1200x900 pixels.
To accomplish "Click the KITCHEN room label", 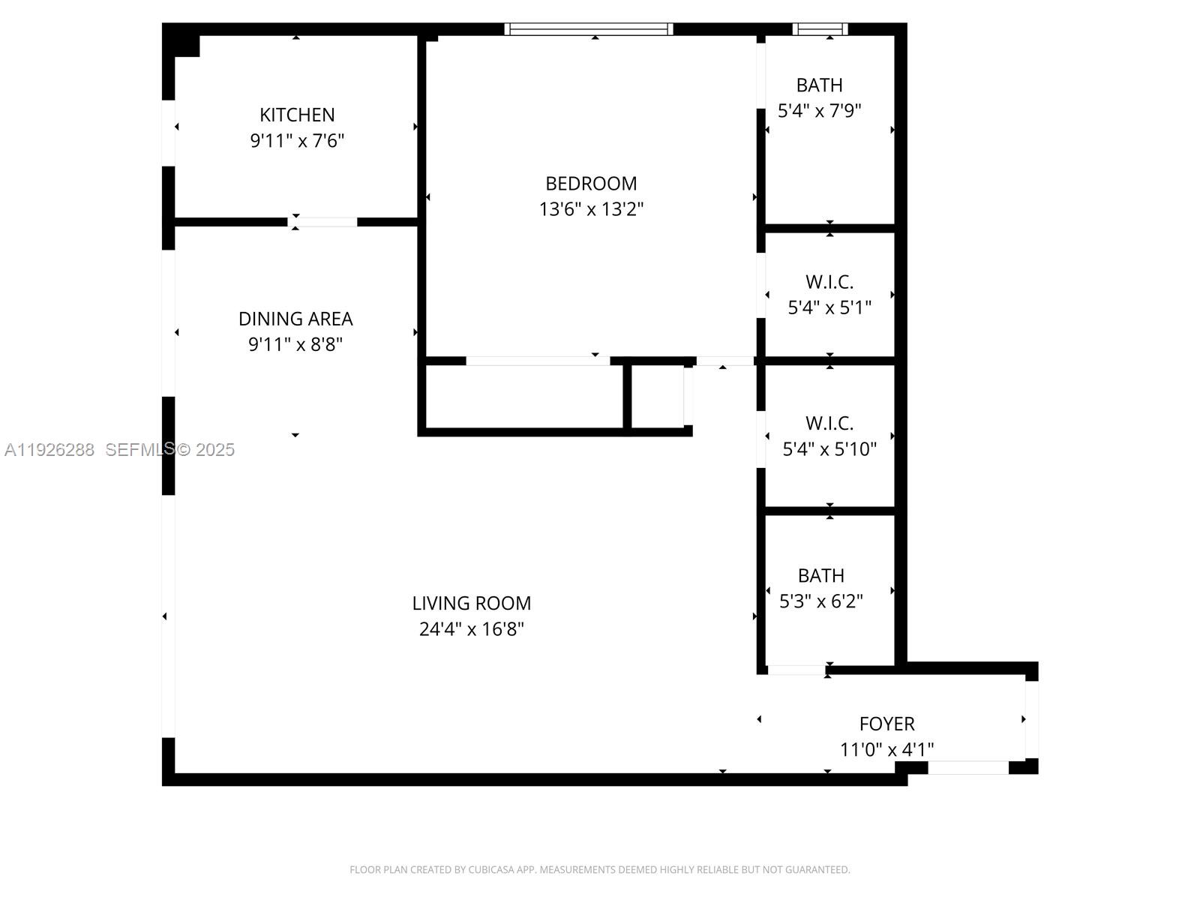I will pyautogui.click(x=297, y=115).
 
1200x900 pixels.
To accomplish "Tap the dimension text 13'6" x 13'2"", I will pyautogui.click(x=591, y=209).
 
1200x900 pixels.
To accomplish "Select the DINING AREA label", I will pyautogui.click(x=295, y=319).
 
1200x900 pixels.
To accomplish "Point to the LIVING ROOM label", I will pyautogui.click(x=471, y=603).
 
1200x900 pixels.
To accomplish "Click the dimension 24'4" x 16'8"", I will pyautogui.click(x=471, y=629).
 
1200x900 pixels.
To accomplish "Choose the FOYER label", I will pyautogui.click(x=886, y=724).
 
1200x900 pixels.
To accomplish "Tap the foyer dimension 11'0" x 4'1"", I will pyautogui.click(x=886, y=749).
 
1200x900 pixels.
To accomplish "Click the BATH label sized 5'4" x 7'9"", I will pyautogui.click(x=819, y=85).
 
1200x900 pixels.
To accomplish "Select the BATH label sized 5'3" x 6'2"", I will pyautogui.click(x=820, y=575).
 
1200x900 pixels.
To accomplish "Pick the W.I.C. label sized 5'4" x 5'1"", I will pyautogui.click(x=829, y=282).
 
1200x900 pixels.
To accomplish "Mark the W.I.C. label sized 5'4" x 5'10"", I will pyautogui.click(x=829, y=423).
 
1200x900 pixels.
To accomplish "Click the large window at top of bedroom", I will pyautogui.click(x=589, y=29).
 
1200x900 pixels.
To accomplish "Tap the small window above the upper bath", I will pyautogui.click(x=820, y=29).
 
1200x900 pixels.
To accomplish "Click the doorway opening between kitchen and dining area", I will pyautogui.click(x=323, y=222).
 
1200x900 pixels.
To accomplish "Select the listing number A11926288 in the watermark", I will pyautogui.click(x=49, y=449).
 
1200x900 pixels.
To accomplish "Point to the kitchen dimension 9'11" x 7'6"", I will pyautogui.click(x=297, y=141).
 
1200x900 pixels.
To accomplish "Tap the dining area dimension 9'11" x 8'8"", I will pyautogui.click(x=295, y=345).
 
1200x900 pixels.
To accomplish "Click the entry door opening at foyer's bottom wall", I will pyautogui.click(x=967, y=767).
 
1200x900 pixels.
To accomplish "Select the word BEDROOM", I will pyautogui.click(x=591, y=183).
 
